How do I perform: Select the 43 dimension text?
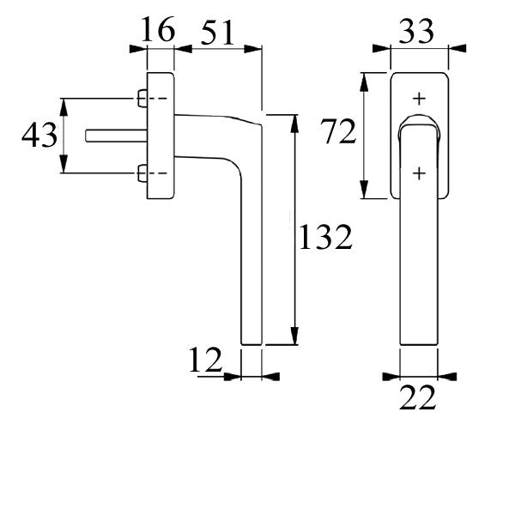[x=39, y=136]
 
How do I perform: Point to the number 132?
[x=325, y=237]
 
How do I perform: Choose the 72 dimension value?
[x=337, y=133]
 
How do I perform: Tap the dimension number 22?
[x=419, y=398]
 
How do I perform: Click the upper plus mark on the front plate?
[x=419, y=98]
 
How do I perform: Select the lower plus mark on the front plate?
[x=419, y=174]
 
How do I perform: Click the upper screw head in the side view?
[x=142, y=99]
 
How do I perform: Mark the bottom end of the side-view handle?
[x=251, y=342]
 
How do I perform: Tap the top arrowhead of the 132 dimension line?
[x=295, y=120]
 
